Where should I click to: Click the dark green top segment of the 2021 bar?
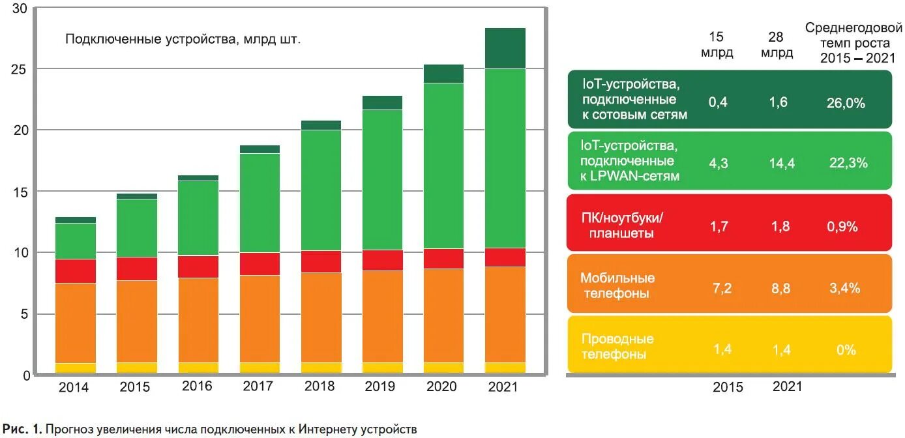(x=505, y=48)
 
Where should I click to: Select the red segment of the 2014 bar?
(x=76, y=270)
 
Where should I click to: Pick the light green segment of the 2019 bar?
(x=383, y=179)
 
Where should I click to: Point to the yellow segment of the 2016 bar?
(x=198, y=368)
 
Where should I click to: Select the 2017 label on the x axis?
(x=258, y=386)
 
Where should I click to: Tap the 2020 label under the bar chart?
(x=441, y=386)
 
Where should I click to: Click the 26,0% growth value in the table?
(x=847, y=103)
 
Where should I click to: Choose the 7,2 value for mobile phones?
(x=722, y=288)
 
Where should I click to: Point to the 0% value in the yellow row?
(x=846, y=350)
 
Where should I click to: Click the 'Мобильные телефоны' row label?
(x=617, y=285)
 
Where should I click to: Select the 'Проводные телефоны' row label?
(x=617, y=347)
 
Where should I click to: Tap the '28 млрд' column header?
(x=777, y=45)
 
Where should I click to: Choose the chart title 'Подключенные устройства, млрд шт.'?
(x=183, y=39)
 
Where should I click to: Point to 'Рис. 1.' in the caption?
(x=21, y=429)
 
